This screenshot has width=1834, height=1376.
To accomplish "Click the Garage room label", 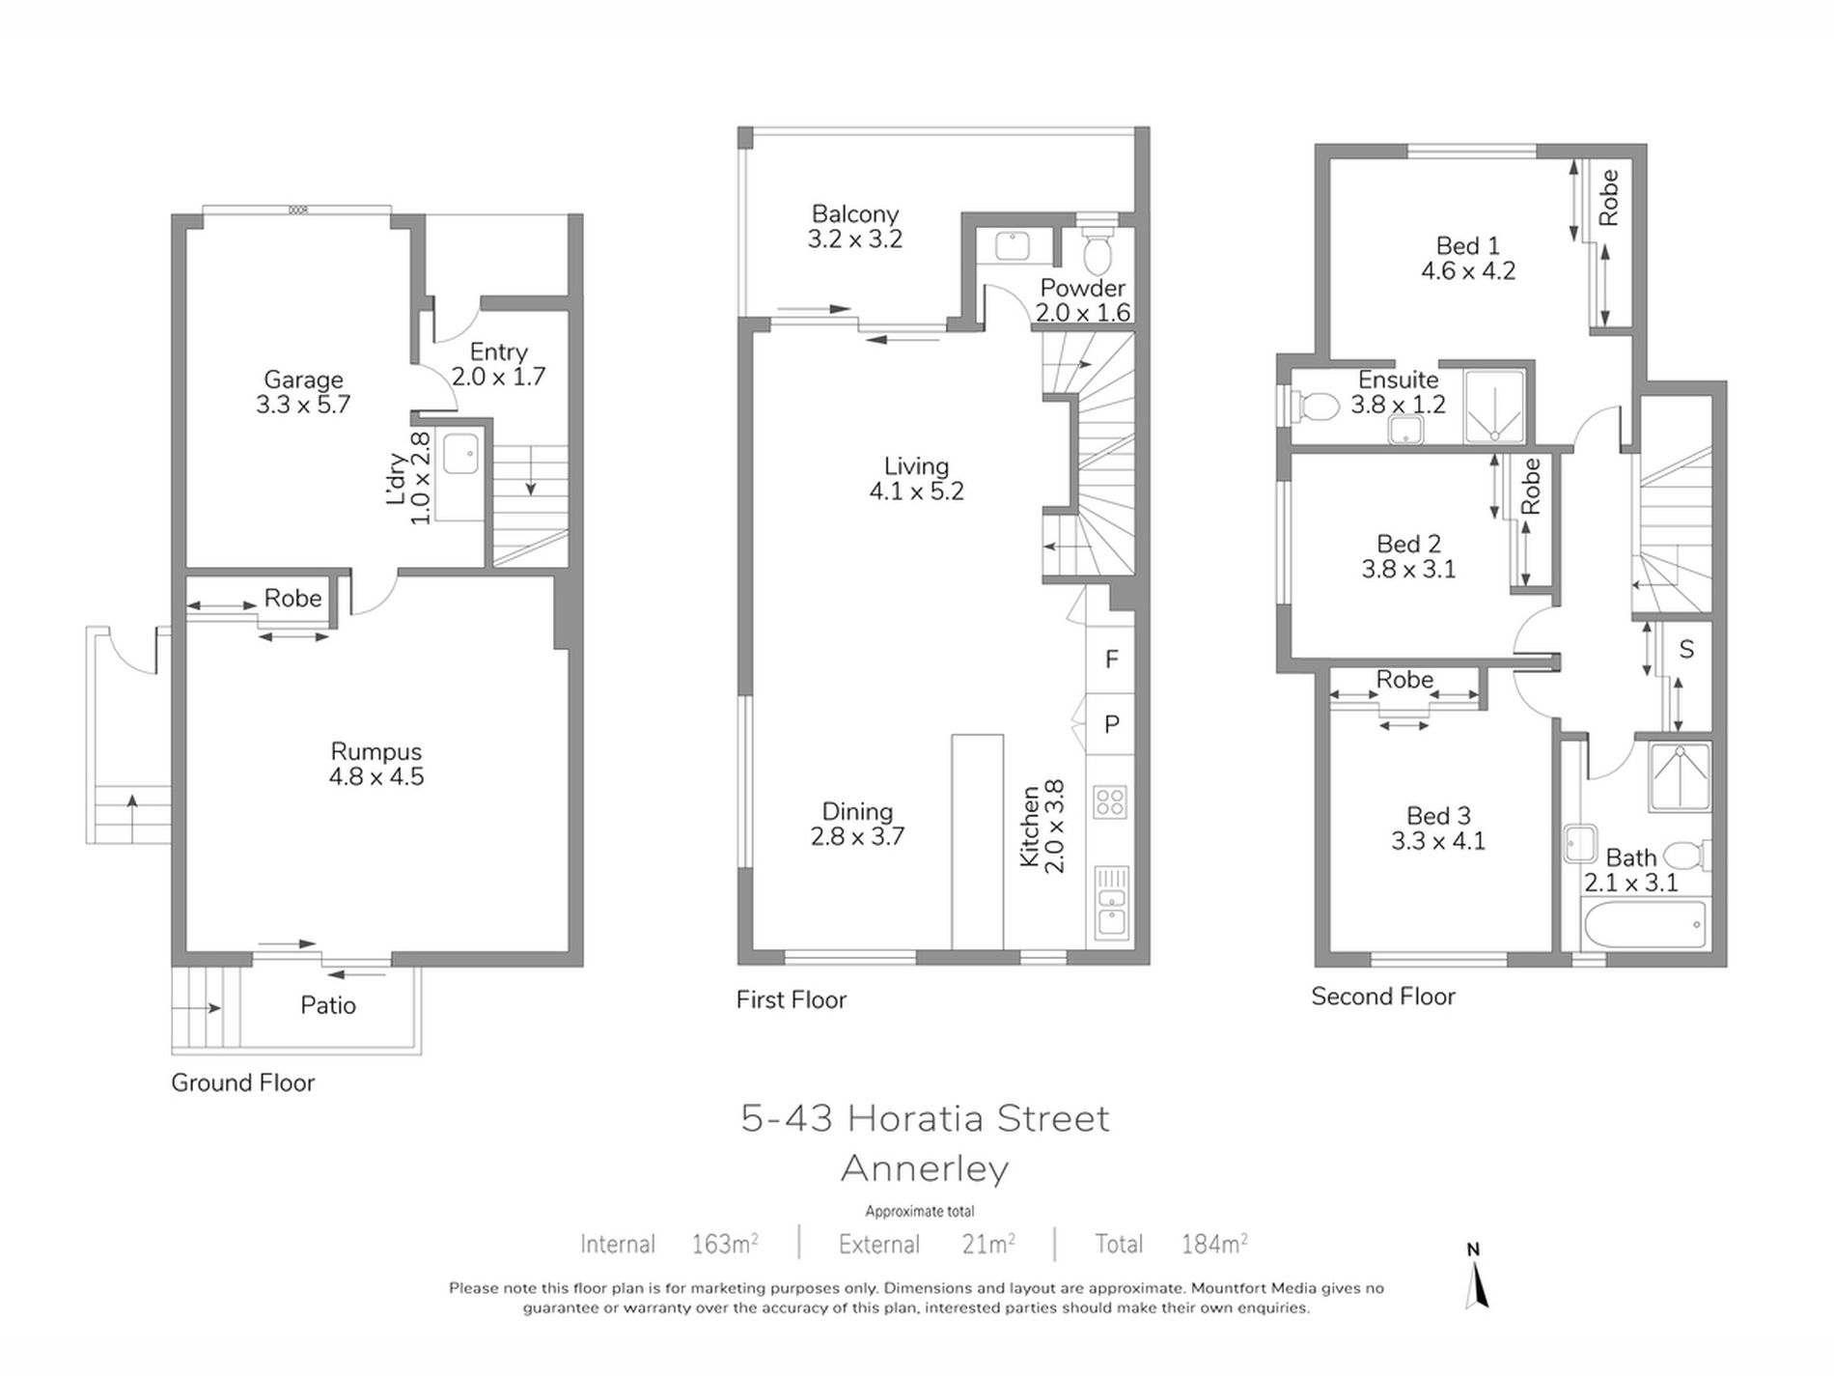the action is point(303,379).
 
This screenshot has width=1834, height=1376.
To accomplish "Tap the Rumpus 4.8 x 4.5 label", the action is point(376,764).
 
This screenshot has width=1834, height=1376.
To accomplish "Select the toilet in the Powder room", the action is point(1097,250).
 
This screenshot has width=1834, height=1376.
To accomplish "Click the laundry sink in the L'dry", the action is point(460,455).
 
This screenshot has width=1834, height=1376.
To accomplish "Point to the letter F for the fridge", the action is point(1112,659).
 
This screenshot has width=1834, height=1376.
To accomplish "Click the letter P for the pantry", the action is point(1112,723).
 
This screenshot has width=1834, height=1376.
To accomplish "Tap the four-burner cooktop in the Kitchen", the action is point(1110,801).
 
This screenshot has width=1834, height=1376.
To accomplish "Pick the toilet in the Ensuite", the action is point(1313,406).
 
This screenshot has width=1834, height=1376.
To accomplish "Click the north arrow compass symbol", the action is point(1475,1278).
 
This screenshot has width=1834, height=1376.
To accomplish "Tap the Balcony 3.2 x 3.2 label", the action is point(855,226).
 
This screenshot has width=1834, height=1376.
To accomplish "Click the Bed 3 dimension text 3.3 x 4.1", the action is point(1438,841).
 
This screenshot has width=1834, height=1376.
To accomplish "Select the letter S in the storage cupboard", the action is point(1686,649).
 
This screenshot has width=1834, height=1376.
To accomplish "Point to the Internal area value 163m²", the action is point(725,1244).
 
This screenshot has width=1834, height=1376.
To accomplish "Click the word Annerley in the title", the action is point(925,1168).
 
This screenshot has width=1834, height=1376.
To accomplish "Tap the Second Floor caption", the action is point(1383,997).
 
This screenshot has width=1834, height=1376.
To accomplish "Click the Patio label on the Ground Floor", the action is point(328,1005).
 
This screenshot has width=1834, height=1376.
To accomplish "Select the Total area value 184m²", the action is point(1214,1244).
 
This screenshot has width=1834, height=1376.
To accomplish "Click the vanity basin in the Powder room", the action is point(1013,245).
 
